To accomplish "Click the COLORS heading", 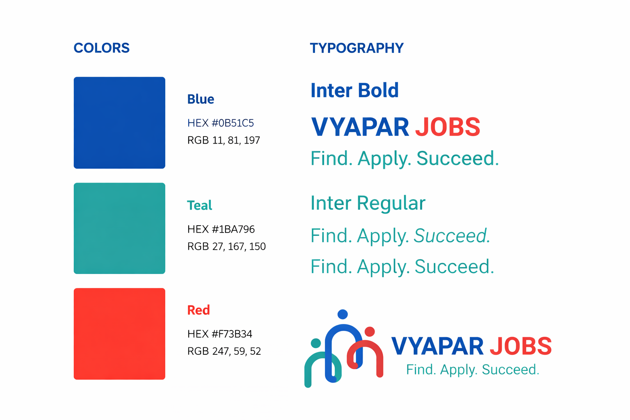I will point(101,48).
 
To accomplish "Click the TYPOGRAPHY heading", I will point(356,48).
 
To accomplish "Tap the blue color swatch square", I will point(119,123).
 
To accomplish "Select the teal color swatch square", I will point(119,228).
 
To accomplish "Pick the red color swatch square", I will point(119,334).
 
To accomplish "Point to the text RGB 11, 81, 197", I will point(224,140).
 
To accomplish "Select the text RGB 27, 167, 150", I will point(226,247).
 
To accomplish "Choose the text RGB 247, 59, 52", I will point(224,352).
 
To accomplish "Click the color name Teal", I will point(199,205).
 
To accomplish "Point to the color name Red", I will point(199,310).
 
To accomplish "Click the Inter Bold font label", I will point(354,90).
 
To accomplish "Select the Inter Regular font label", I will point(368,203).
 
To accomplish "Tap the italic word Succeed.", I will point(452,236).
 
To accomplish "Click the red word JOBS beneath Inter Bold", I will point(447,127).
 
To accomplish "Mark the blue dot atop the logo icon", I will point(342,315).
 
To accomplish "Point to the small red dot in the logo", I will point(370,331).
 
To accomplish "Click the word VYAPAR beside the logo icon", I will point(437,346).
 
